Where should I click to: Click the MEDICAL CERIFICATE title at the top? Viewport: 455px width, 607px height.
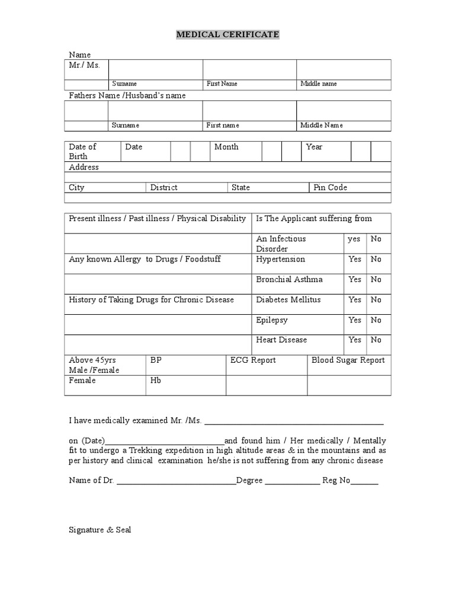(227, 35)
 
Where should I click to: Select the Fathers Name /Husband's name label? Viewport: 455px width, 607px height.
(127, 95)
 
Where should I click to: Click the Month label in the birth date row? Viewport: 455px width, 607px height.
(226, 147)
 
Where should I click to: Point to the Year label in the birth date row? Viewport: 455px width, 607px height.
(314, 147)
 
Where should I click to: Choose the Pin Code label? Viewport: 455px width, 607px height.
(330, 187)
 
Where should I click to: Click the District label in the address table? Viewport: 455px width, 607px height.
(164, 187)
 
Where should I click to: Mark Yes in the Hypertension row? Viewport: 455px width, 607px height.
(355, 259)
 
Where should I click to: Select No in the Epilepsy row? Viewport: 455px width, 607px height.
(376, 320)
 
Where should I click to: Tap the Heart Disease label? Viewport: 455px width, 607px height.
(281, 340)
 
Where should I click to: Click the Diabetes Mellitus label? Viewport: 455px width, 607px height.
(288, 300)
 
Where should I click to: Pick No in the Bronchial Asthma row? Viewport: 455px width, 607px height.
(376, 279)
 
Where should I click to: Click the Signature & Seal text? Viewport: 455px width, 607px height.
(100, 530)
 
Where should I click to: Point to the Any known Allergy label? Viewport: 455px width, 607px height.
(145, 260)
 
